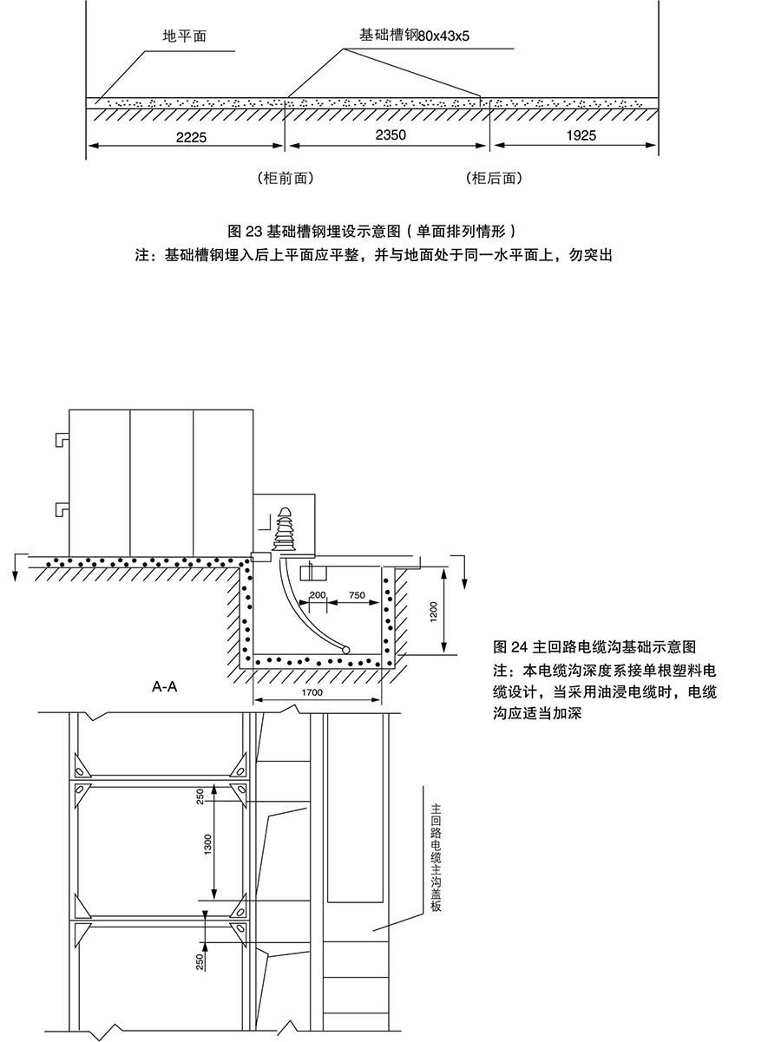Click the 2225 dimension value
(191, 137)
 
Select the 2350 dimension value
(390, 135)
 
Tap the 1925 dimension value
(581, 135)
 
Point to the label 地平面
(185, 36)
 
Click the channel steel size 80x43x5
(443, 36)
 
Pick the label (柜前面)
(285, 178)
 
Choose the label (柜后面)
(495, 178)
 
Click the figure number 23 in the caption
(254, 231)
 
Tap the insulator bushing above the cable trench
(285, 529)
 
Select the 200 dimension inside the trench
(318, 595)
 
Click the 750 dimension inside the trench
(357, 595)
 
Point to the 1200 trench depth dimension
(433, 613)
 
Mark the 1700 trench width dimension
(312, 692)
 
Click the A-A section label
(164, 686)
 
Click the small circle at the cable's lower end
(346, 650)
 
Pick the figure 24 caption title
(594, 646)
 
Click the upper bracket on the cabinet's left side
(62, 439)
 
